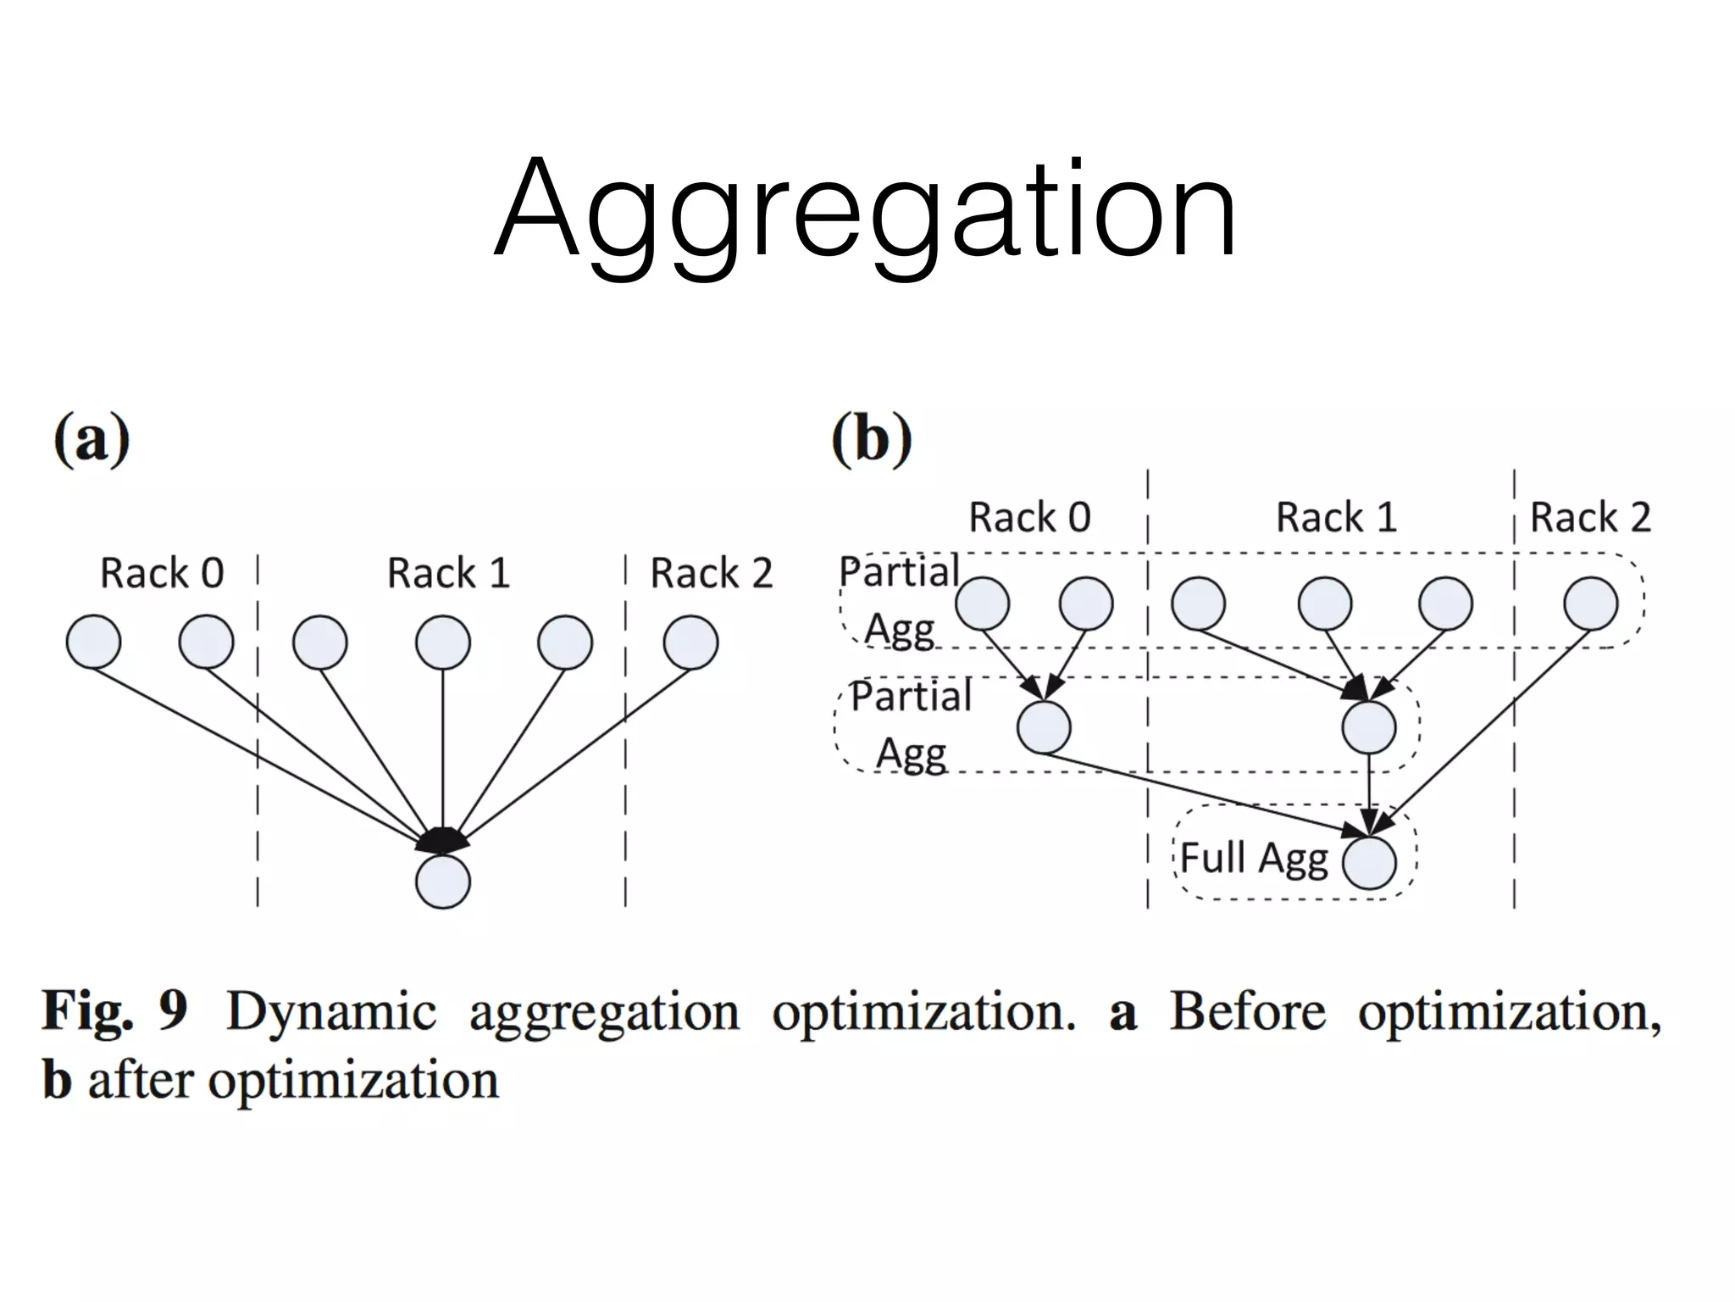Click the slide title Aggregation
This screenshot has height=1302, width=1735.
pos(866,210)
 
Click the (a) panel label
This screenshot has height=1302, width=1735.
pos(91,440)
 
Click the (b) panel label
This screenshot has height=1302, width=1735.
pos(872,440)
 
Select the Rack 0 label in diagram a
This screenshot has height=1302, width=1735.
pos(162,573)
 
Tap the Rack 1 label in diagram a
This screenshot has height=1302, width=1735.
pos(448,573)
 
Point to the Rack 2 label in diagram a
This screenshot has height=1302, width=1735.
pos(711,573)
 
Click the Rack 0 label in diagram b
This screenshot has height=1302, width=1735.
pos(1029,517)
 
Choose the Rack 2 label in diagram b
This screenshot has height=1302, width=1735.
pos(1590,517)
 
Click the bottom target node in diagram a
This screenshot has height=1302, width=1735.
pos(442,882)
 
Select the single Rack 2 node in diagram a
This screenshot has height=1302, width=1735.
pos(690,643)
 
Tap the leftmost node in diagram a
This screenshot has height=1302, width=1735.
pos(93,643)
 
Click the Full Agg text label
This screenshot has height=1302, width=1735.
pos(1253,858)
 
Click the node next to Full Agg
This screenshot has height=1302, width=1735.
pos(1368,862)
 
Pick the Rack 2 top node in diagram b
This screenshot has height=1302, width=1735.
pos(1590,604)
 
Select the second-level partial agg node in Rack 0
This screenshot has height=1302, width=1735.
pos(1044,727)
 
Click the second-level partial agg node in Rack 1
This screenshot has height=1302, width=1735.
pos(1368,727)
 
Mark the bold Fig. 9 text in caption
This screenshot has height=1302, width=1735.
pos(114,1011)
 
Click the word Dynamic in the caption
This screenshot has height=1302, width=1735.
pos(330,1011)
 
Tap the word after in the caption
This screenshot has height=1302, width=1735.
pos(141,1081)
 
